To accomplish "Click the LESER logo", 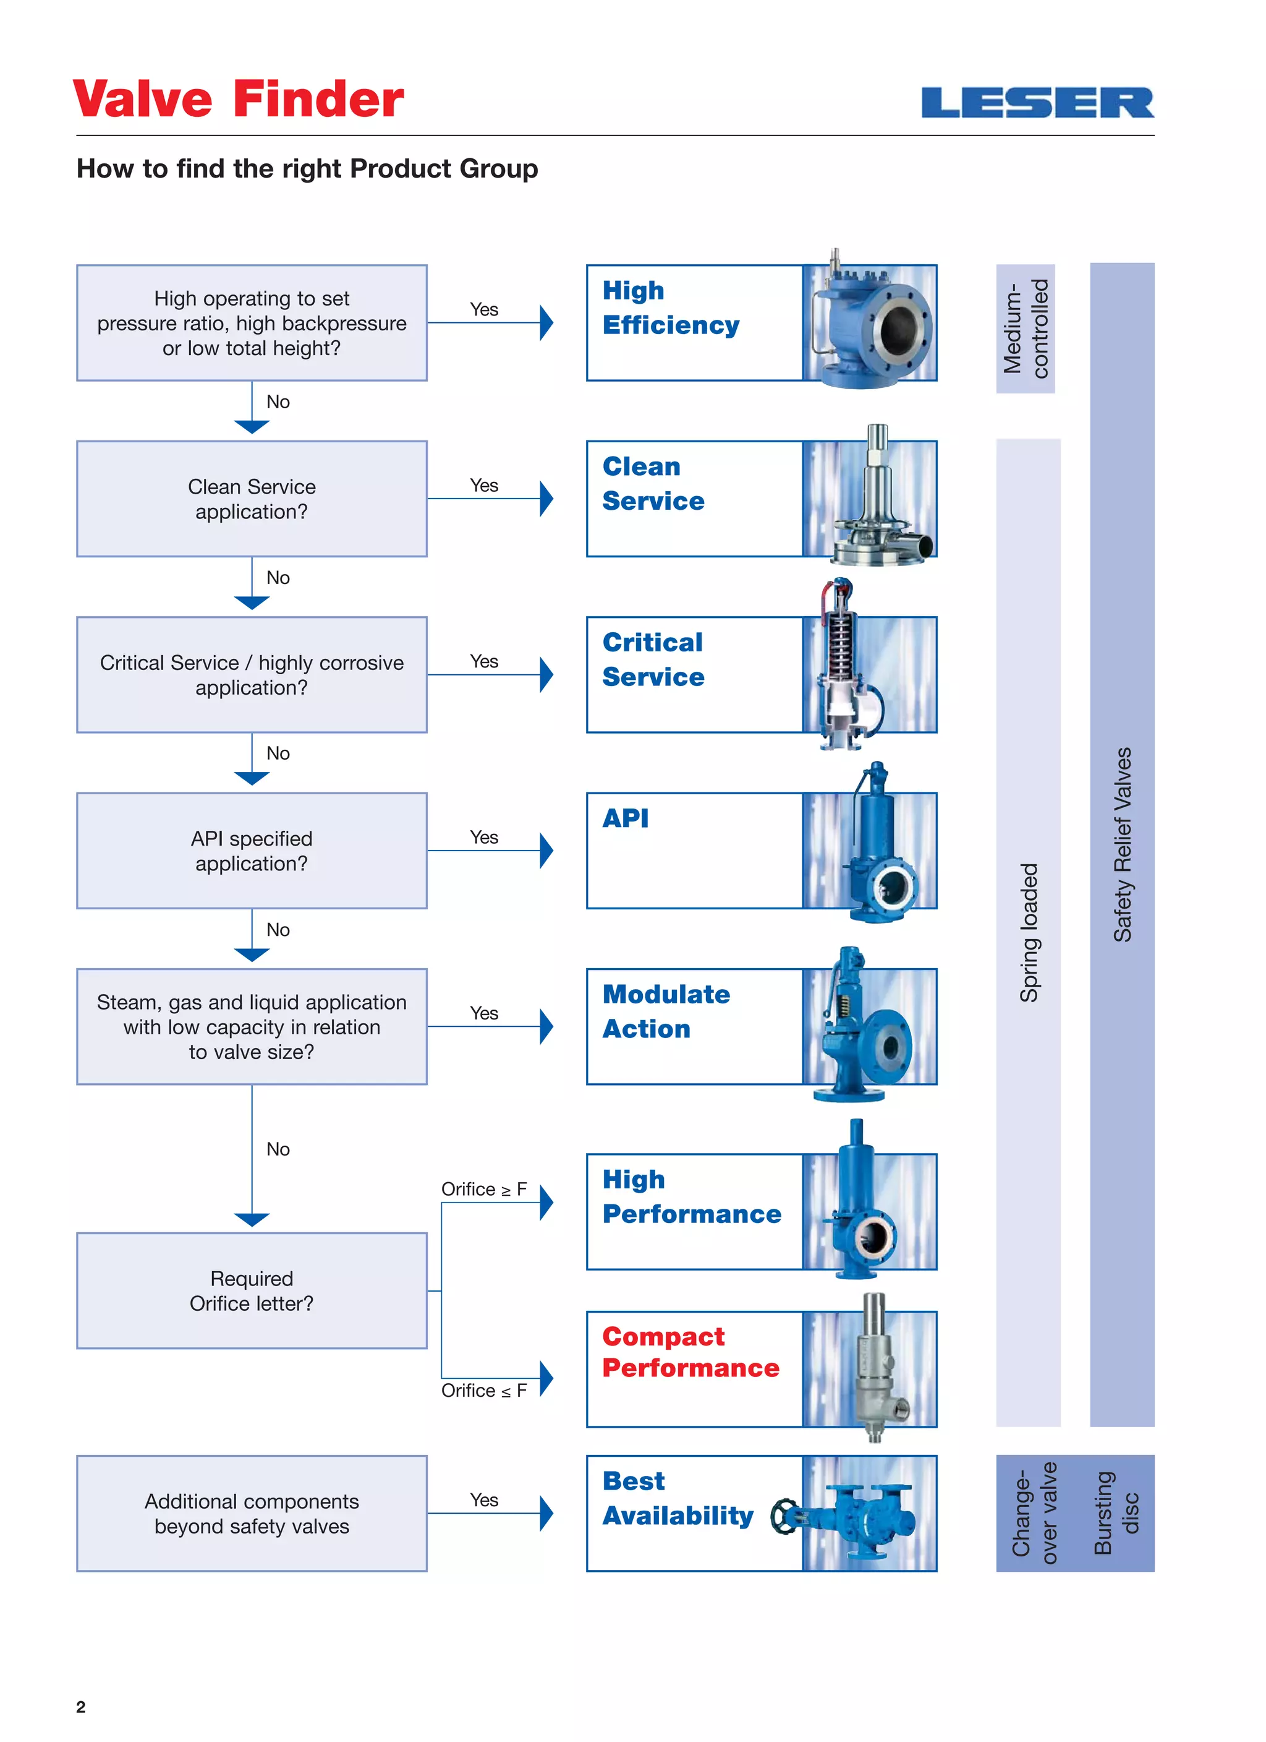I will point(1037,103).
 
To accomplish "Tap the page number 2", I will point(80,1707).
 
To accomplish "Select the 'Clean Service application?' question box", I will point(252,499).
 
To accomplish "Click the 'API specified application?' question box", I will point(252,850).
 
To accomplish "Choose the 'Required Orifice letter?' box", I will point(252,1290).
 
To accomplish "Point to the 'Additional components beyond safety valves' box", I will point(252,1513).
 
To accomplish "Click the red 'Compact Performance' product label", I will point(690,1352).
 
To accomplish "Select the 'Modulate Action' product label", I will point(666,1011).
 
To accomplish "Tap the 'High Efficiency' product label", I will point(670,307).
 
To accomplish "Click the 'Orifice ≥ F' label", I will point(483,1189).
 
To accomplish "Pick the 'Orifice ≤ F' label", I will point(483,1390).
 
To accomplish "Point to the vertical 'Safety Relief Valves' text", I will point(1123,844).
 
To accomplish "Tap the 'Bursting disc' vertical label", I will point(1116,1512).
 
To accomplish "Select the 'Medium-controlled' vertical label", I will point(1026,328).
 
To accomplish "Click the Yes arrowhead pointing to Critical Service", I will point(546,674).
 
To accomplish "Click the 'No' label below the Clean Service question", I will point(278,578).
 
